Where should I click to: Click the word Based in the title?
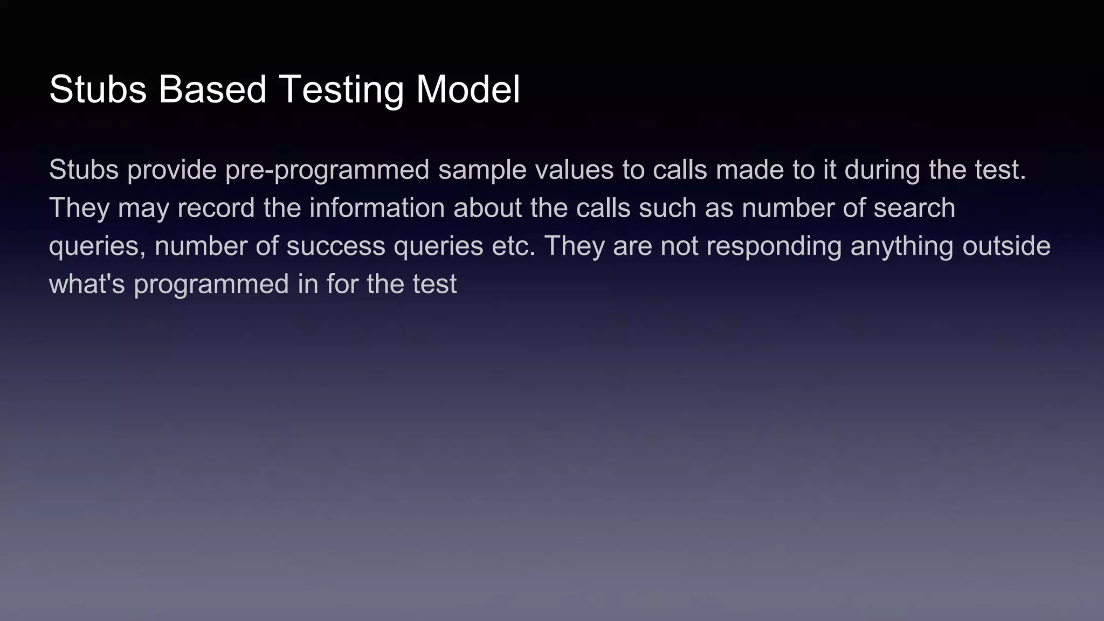pyautogui.click(x=212, y=89)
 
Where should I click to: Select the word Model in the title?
pyautogui.click(x=468, y=89)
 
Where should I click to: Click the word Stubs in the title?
pyautogui.click(x=98, y=89)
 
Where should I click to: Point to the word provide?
pyautogui.click(x=172, y=170)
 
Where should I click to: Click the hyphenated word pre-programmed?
pyautogui.click(x=327, y=171)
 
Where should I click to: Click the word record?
pyautogui.click(x=216, y=208)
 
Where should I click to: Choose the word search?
pyautogui.click(x=914, y=208)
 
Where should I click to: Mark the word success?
pyautogui.click(x=335, y=246)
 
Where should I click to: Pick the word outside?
pyautogui.click(x=1006, y=246)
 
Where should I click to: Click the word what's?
pyautogui.click(x=87, y=284)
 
